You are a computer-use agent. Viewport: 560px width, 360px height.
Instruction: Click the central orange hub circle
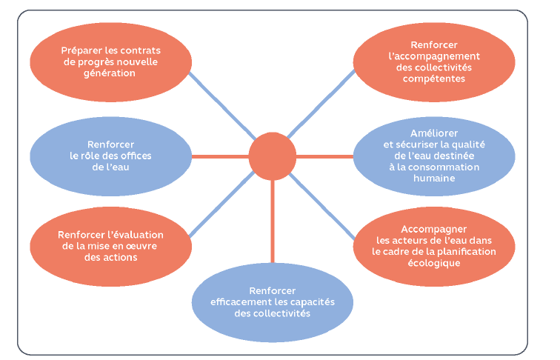(x=272, y=156)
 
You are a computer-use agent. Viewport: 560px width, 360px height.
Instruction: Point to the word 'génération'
(x=110, y=73)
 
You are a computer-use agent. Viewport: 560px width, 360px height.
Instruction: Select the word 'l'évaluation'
(x=138, y=234)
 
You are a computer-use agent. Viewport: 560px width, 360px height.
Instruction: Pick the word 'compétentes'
(x=434, y=79)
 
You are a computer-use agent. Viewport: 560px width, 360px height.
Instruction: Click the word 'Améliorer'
(x=434, y=133)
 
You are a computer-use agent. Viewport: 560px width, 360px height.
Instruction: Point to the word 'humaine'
(x=434, y=178)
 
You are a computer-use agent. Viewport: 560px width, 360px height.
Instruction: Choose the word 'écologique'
(x=434, y=262)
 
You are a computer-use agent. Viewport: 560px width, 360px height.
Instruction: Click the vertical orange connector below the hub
(x=272, y=222)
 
